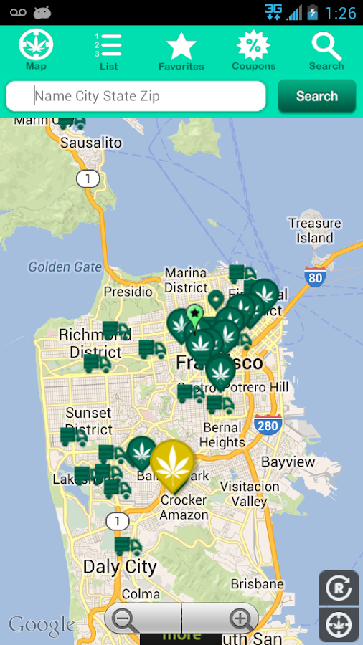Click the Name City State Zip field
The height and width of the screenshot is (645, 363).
point(136,96)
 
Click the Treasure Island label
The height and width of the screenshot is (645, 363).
point(314,230)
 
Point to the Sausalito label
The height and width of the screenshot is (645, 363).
point(90,143)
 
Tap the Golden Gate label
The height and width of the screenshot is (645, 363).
point(65,267)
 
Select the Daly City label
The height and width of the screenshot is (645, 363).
point(120,566)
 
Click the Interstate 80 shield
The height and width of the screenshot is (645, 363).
point(315,277)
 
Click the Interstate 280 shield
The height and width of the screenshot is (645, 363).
point(268,426)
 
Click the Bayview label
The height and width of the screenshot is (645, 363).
point(288,462)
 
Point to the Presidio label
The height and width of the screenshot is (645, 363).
point(128,292)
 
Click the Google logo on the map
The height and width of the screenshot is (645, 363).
point(42,625)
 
